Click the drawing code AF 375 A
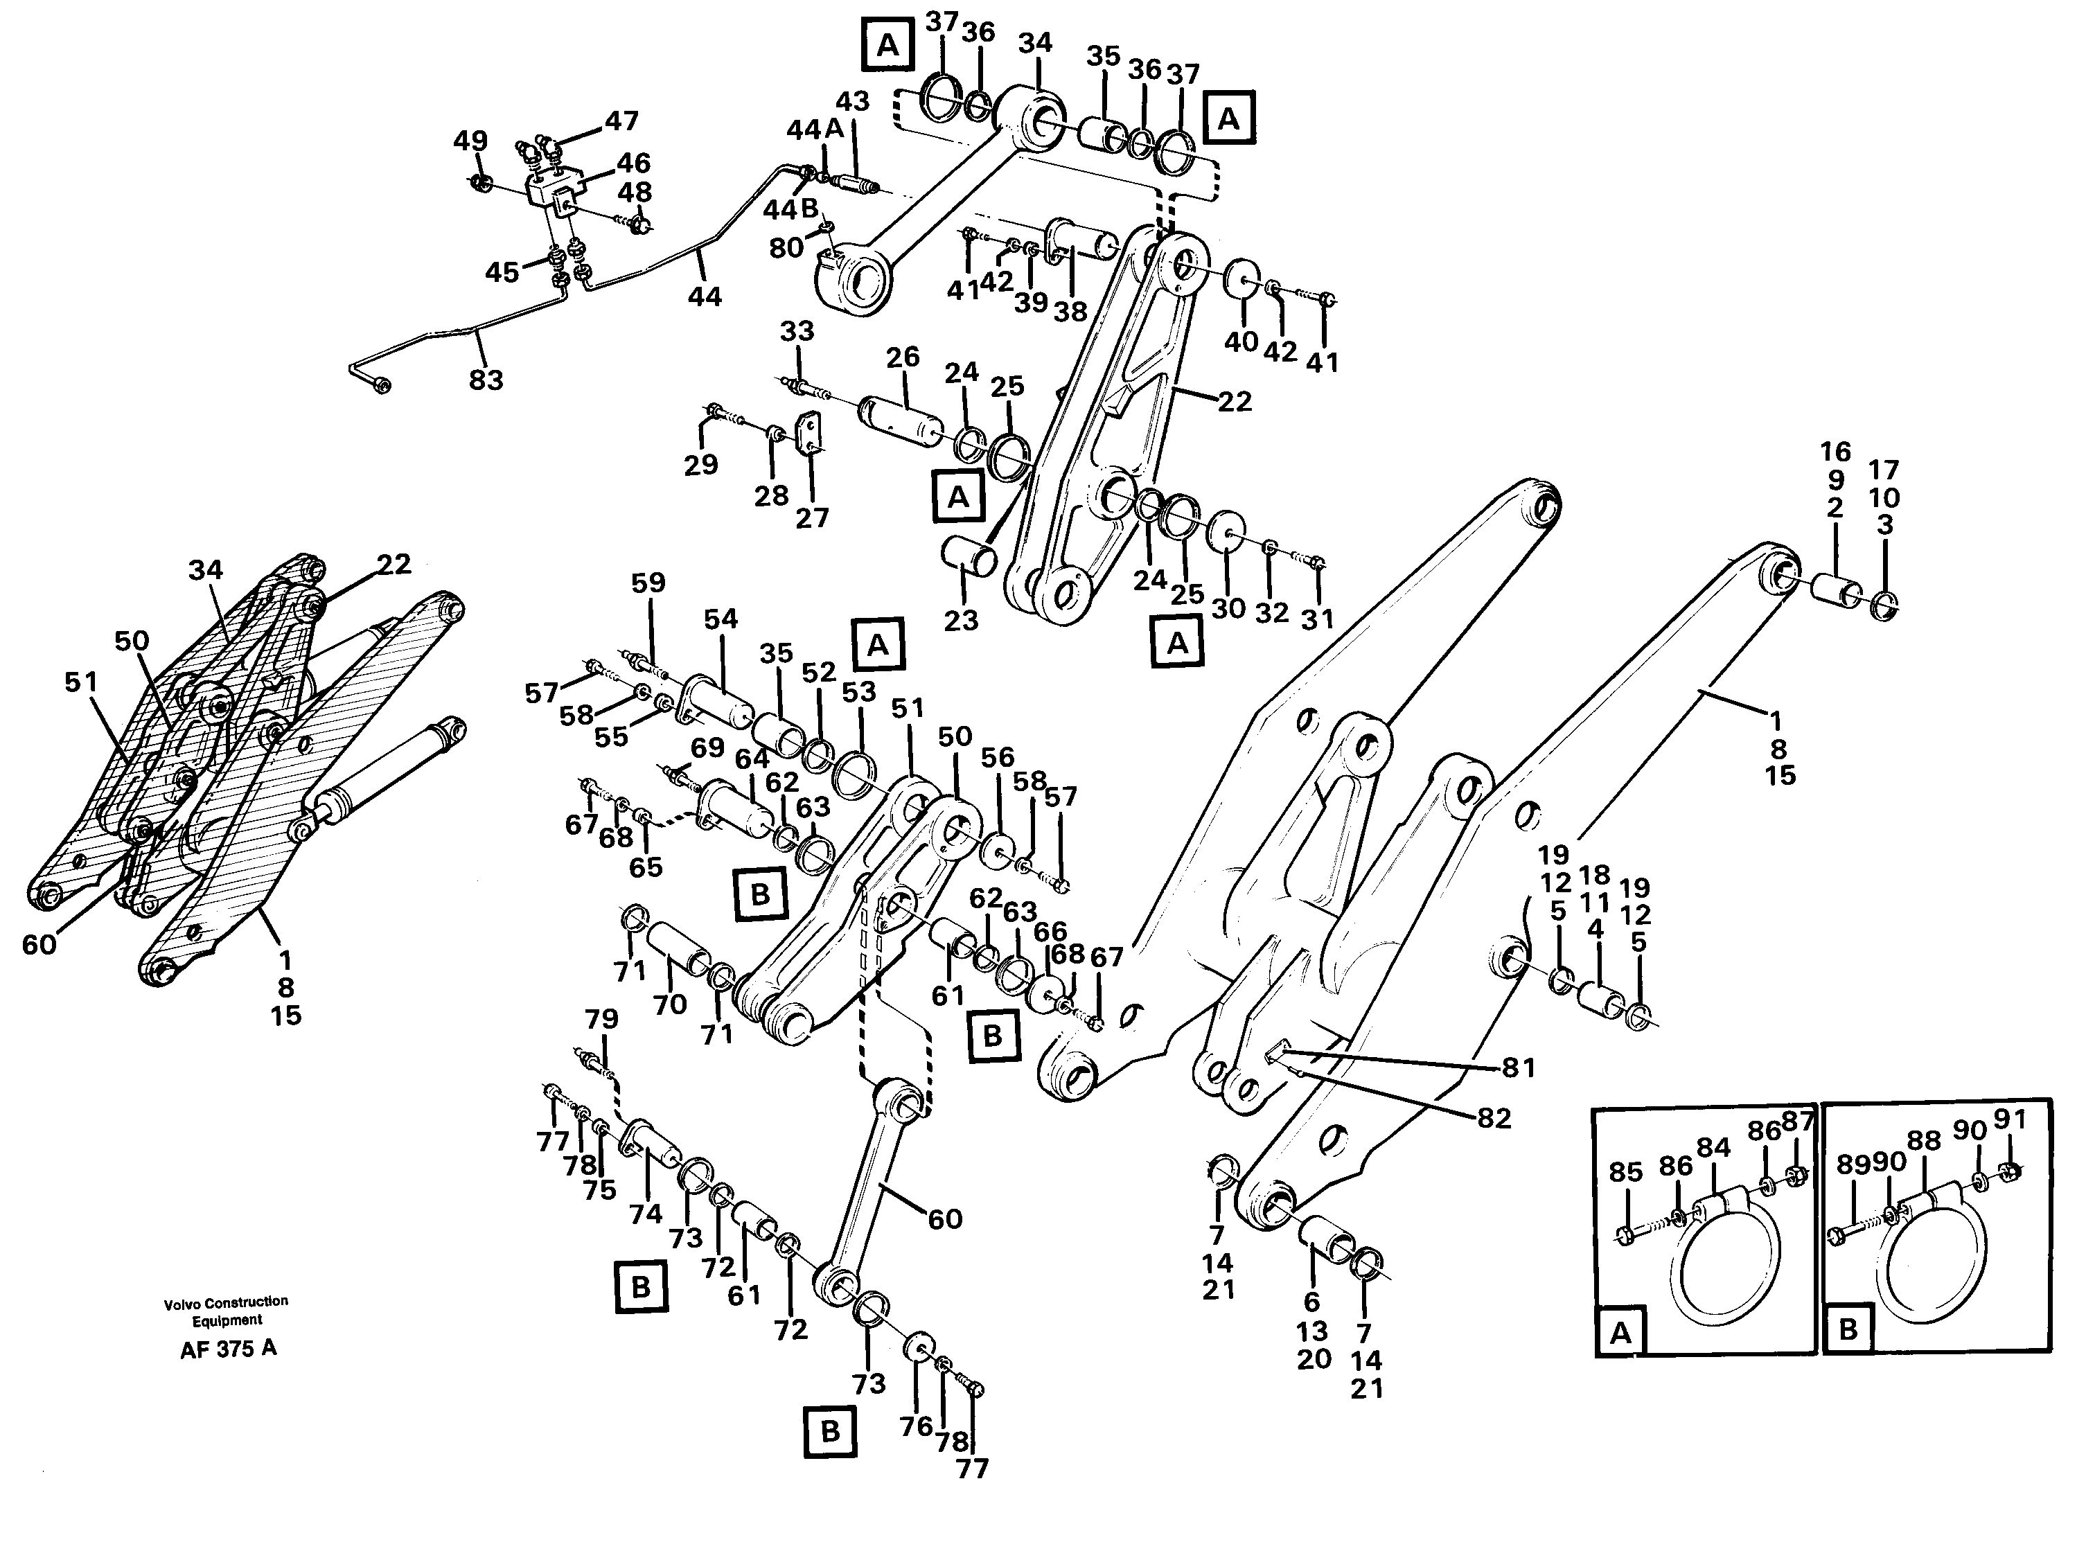[228, 1349]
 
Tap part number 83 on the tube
[486, 380]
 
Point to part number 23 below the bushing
[961, 621]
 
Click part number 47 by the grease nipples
[621, 121]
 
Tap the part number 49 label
[470, 141]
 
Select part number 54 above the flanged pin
[721, 620]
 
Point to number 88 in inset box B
[1923, 1141]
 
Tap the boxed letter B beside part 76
[830, 1431]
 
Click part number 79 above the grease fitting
[602, 1019]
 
